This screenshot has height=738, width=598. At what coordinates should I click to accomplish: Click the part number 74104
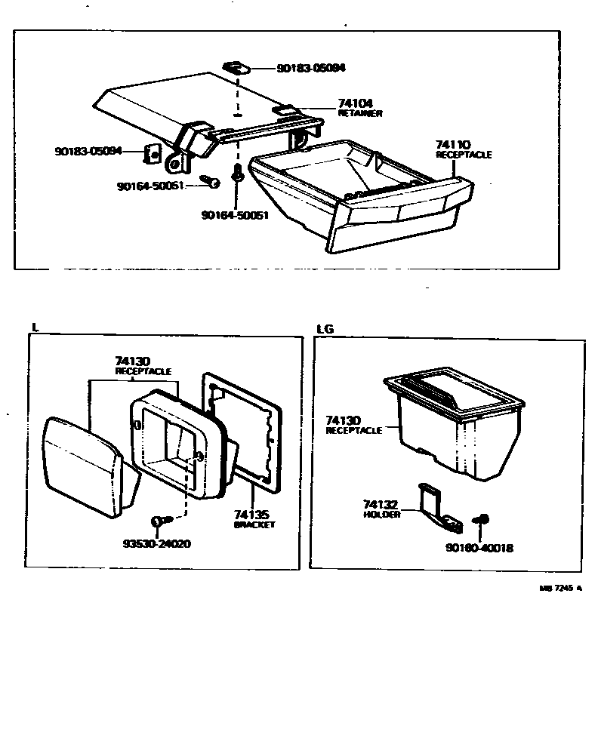pos(357,103)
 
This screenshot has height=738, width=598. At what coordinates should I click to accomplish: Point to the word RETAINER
pos(360,113)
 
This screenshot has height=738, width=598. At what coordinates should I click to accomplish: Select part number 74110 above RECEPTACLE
pos(453,144)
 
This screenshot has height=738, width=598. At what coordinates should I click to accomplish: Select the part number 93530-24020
pos(156,543)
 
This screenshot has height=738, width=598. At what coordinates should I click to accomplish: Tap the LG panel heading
pos(325,329)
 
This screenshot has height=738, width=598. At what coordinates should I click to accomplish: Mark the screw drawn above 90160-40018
pos(479,520)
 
